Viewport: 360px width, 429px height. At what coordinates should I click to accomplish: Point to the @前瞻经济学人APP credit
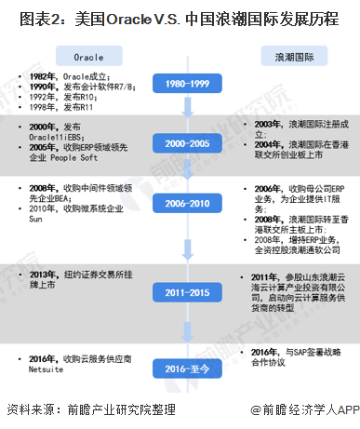(x=297, y=409)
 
